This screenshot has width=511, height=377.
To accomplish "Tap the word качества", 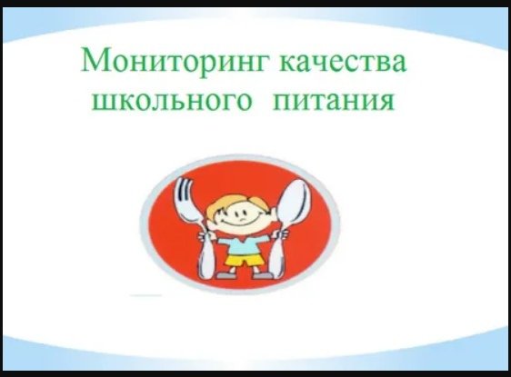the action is (343, 61).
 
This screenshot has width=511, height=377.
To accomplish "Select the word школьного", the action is (172, 101).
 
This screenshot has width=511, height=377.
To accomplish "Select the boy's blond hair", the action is (231, 204).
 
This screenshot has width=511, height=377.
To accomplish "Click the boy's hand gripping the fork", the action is (205, 235).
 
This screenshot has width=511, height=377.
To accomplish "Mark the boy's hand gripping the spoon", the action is (281, 234).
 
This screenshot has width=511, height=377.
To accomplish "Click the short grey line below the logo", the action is (145, 295).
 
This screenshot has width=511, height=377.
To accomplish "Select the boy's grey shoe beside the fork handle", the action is (224, 275).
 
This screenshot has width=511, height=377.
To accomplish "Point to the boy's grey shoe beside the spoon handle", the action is (262, 275).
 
